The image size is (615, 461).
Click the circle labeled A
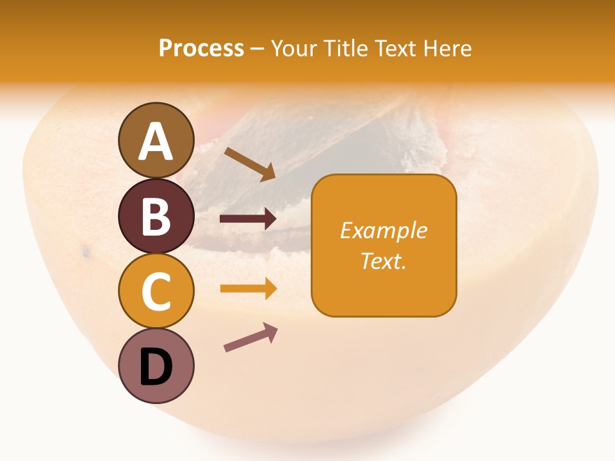tap(156, 140)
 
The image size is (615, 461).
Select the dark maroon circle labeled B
tap(156, 216)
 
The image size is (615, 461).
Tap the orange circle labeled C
tap(156, 291)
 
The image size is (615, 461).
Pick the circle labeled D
tap(156, 366)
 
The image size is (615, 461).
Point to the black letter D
tap(156, 368)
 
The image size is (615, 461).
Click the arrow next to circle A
tap(250, 164)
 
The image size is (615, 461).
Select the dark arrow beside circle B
tap(248, 219)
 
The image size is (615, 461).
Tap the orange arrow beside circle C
tap(248, 288)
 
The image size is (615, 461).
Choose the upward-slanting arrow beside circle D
tap(250, 337)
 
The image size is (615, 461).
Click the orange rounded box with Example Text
tap(384, 245)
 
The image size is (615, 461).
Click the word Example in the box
tap(384, 230)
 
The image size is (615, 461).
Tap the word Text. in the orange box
tap(384, 261)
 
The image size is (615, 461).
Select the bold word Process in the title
tap(201, 48)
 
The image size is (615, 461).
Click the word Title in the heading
tap(346, 48)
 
